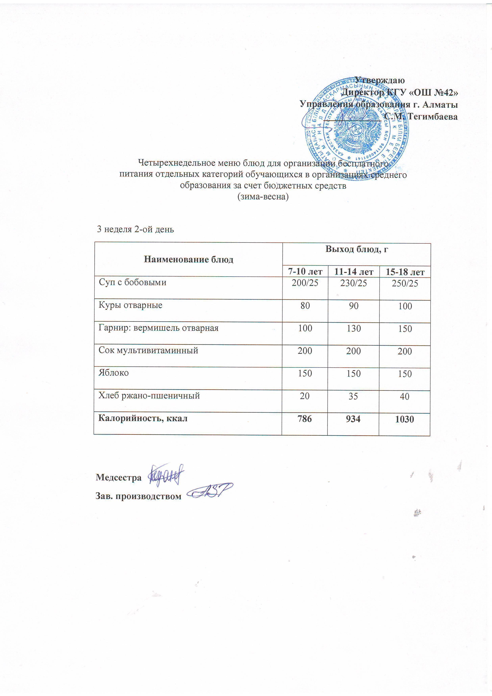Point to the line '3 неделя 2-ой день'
click(135, 229)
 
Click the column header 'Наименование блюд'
click(188, 260)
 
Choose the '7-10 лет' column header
click(305, 271)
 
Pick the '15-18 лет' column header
click(405, 272)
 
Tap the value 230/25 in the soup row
click(354, 283)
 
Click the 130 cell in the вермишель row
click(354, 329)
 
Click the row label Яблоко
click(113, 373)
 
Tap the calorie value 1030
click(405, 419)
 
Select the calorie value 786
click(305, 419)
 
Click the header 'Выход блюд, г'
click(357, 249)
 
